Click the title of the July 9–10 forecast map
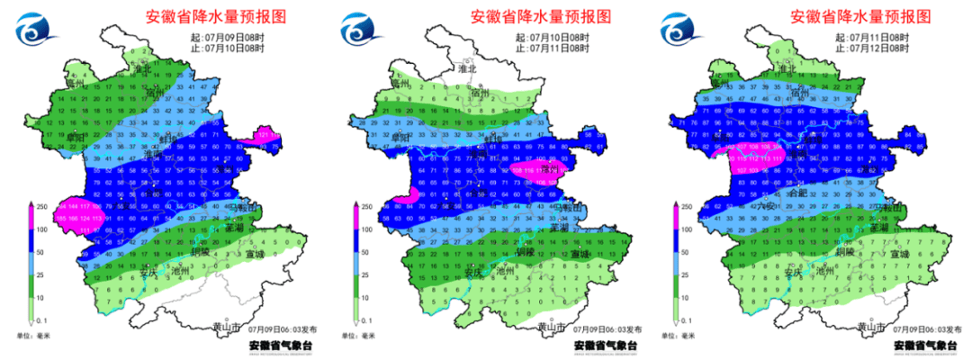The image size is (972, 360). click(218, 16)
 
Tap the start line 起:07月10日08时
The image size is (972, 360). click(553, 37)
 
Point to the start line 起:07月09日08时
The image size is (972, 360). click(231, 37)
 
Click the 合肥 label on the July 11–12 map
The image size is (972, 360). click(797, 193)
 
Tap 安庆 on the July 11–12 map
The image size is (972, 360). click(792, 271)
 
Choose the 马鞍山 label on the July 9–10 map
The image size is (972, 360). click(242, 209)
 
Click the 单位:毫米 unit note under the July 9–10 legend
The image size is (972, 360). click(31, 336)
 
